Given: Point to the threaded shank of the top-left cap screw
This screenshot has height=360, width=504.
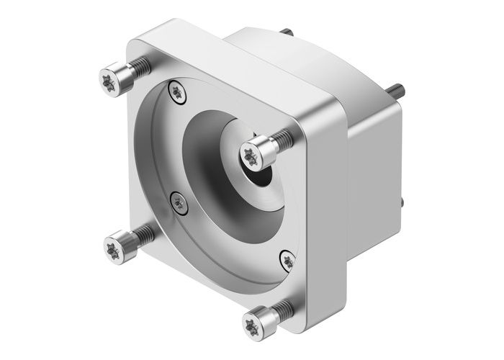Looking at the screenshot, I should (x=140, y=67).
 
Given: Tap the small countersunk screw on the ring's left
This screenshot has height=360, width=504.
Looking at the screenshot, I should (x=177, y=204).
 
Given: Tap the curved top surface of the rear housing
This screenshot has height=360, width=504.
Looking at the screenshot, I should (x=302, y=50).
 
